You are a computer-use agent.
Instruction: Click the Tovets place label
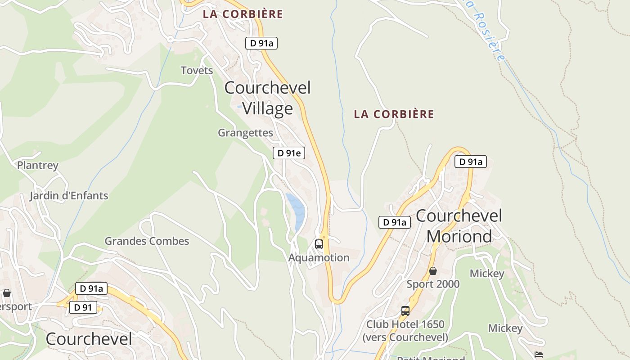[197, 70]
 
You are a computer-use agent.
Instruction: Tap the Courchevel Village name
[267, 98]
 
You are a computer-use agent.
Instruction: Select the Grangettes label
[245, 133]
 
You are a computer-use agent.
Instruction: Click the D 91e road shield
[289, 153]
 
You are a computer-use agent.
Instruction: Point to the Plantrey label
[38, 165]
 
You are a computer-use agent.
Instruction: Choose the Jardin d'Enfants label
[69, 196]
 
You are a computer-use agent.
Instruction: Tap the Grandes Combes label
[147, 241]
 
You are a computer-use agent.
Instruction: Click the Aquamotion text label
[319, 257]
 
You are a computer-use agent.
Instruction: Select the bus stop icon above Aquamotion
[319, 244]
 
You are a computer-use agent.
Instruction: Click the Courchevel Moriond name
[459, 226]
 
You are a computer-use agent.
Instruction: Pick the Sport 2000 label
[433, 284]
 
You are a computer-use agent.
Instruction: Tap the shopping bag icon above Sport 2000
[432, 271]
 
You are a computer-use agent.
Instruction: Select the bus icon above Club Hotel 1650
[405, 310]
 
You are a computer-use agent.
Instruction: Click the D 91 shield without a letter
[83, 307]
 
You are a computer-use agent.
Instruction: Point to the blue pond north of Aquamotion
[296, 209]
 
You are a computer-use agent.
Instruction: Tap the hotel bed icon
[538, 355]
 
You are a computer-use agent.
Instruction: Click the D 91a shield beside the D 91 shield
[91, 288]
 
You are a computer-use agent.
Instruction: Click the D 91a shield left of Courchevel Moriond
[395, 222]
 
